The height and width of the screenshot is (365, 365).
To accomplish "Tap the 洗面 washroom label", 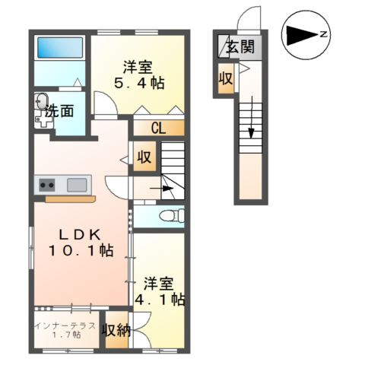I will [59, 111].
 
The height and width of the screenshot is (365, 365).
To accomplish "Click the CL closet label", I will [158, 128].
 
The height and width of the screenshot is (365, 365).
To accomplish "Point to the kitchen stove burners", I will [46, 184].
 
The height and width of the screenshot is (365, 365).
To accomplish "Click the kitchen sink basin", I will [77, 184].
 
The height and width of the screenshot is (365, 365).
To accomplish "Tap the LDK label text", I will [76, 233].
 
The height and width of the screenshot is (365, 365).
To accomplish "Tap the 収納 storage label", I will [117, 329].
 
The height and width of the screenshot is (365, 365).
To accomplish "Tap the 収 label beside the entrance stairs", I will [226, 78].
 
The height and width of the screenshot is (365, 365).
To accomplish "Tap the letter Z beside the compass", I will [322, 35].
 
